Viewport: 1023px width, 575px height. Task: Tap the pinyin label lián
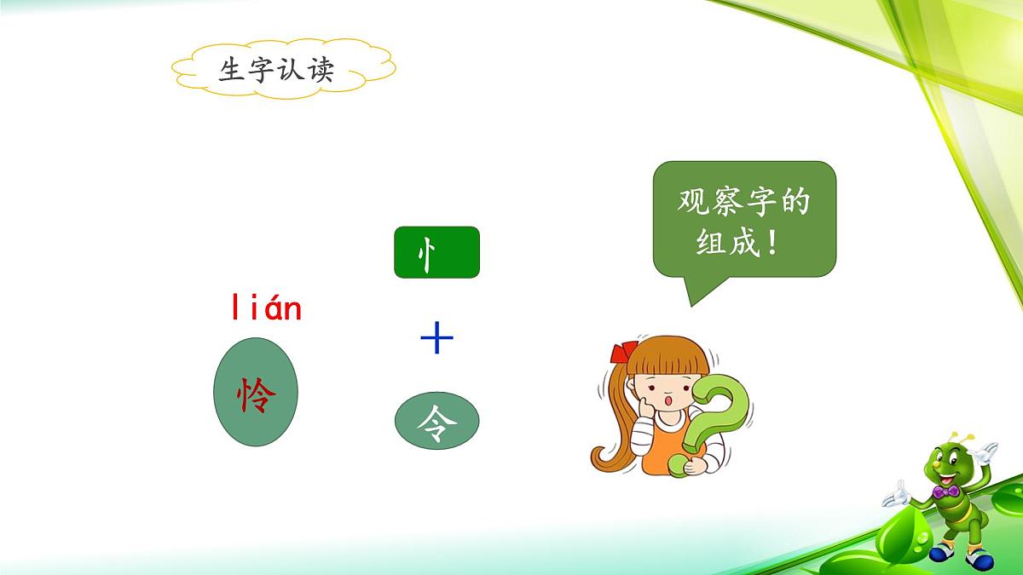coord(266,308)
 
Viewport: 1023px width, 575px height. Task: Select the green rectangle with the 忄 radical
coord(436,252)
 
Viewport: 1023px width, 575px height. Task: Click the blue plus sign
coord(436,341)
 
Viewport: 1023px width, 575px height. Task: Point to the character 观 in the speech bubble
coord(693,203)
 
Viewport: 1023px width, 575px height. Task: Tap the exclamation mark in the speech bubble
coord(772,244)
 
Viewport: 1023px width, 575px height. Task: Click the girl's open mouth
coord(671,400)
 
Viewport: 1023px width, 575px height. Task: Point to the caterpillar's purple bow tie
coord(944,492)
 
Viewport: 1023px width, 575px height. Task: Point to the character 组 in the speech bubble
coord(693,244)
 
